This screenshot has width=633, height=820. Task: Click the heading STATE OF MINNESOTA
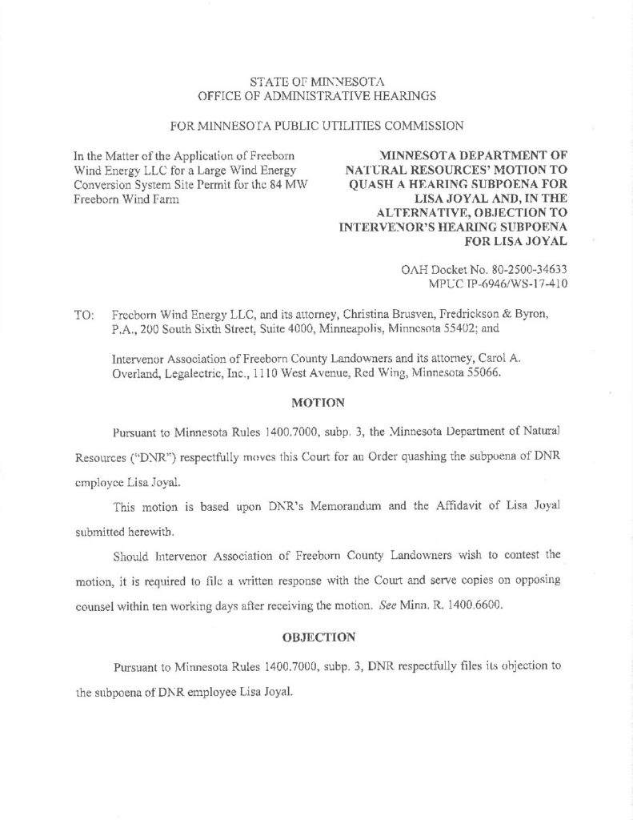pos(317,81)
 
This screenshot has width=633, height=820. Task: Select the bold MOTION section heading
pos(318,401)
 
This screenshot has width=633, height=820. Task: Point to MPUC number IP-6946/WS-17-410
pos(518,284)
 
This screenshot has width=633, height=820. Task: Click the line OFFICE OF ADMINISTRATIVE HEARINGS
pos(317,96)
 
